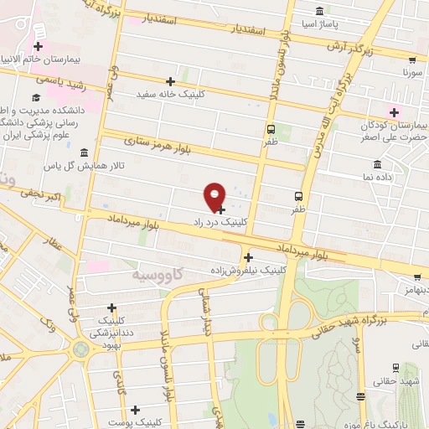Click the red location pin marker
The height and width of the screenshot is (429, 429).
point(215,195)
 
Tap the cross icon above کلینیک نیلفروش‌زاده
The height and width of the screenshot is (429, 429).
point(248,258)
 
